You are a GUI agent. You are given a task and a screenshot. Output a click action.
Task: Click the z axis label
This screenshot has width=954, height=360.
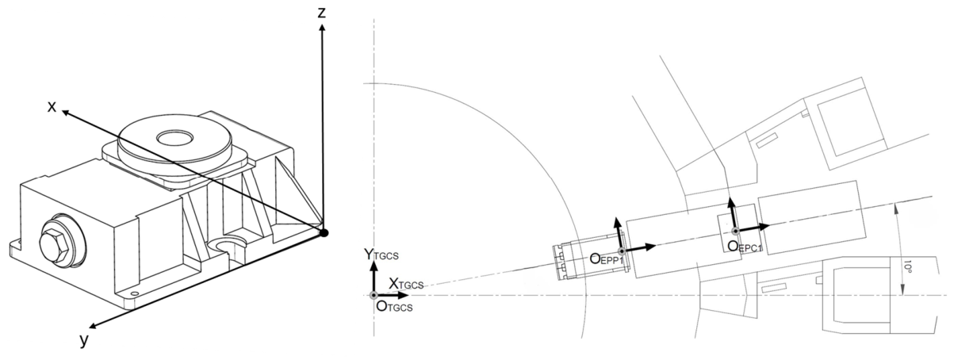(x=322, y=13)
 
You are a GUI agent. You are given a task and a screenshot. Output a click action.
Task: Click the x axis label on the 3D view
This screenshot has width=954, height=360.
(x=52, y=106)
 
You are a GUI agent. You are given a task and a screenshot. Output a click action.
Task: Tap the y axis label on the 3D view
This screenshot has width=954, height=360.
(x=84, y=341)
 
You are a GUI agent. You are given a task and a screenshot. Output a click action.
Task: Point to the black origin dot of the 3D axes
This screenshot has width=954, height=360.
(x=324, y=232)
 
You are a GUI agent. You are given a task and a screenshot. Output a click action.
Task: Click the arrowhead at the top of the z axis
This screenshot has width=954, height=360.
(x=323, y=28)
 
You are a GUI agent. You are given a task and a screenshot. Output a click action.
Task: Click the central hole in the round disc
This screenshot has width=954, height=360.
(x=174, y=138)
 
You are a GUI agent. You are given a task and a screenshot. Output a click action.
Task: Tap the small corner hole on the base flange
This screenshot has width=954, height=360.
(x=135, y=293)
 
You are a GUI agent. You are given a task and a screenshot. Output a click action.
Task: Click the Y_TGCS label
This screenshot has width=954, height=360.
(x=381, y=255)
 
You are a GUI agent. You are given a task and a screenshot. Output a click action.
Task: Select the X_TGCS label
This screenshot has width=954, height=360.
(x=406, y=284)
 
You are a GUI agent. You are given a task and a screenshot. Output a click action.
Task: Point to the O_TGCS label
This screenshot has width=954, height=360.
(x=394, y=306)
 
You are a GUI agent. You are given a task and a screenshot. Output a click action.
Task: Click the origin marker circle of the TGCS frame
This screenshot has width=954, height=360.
(x=374, y=295)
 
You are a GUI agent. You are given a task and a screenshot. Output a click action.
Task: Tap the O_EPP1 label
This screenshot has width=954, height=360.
(x=606, y=259)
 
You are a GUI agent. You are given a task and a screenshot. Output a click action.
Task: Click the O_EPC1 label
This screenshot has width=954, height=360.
(x=745, y=247)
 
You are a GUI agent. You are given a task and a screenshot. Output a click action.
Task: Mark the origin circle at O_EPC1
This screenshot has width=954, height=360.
(x=735, y=232)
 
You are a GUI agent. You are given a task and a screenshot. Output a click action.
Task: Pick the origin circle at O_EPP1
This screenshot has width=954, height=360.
(x=622, y=251)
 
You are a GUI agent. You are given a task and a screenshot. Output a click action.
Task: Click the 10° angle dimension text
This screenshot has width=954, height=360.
(x=907, y=268)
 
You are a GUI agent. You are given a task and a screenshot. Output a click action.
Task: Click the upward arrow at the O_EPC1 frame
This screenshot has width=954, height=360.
(x=733, y=214)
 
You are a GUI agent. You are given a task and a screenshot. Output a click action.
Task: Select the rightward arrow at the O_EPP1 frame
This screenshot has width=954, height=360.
(x=639, y=249)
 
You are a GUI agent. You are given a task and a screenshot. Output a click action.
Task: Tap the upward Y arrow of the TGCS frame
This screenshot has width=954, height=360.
(x=374, y=278)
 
